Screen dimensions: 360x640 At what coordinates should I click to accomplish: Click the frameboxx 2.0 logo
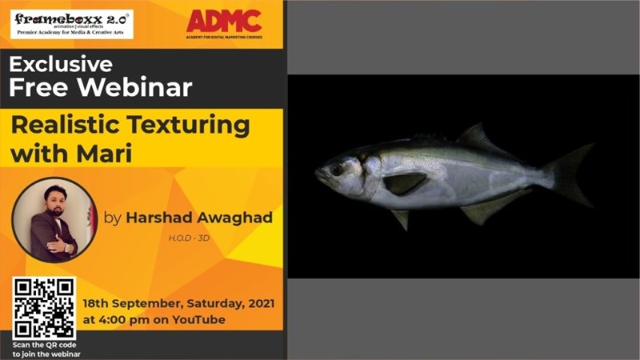[x=71, y=23]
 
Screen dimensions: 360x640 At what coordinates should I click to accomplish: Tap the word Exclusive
[x=61, y=64]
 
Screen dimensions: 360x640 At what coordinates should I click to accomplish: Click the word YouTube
[x=199, y=320]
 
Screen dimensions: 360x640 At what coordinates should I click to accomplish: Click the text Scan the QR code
[x=45, y=345]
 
